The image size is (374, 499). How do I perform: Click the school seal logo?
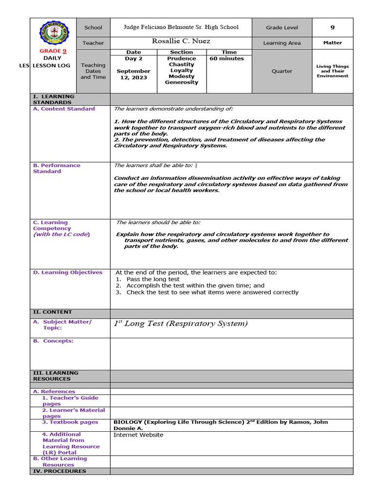(x=53, y=33)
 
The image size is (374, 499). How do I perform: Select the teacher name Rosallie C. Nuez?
(x=181, y=41)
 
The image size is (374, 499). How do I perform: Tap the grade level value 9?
(x=333, y=28)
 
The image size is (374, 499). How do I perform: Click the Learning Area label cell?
(x=282, y=43)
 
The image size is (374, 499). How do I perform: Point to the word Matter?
(x=333, y=43)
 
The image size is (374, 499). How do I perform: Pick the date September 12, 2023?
(x=133, y=74)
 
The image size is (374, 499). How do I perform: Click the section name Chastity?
(x=182, y=64)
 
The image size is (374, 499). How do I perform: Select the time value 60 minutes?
(x=226, y=58)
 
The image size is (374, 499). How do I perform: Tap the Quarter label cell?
(x=282, y=71)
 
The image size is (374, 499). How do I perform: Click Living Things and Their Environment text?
(x=333, y=71)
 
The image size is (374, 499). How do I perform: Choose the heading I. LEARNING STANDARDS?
(x=54, y=99)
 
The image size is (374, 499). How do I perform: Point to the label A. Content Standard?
(x=64, y=109)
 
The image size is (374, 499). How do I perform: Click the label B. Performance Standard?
(x=56, y=168)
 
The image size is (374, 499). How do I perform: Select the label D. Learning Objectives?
(x=68, y=272)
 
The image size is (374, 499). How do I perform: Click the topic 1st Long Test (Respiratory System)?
(x=181, y=324)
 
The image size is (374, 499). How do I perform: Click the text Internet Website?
(x=138, y=435)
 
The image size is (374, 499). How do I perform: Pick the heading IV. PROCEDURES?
(x=59, y=471)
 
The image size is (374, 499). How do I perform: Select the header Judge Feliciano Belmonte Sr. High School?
(x=182, y=27)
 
